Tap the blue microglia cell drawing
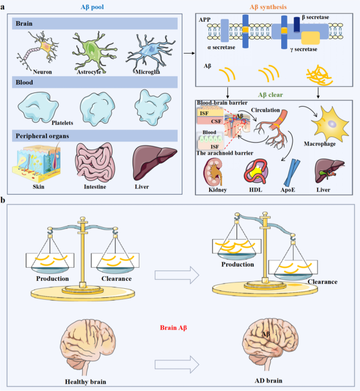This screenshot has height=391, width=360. click(x=150, y=53)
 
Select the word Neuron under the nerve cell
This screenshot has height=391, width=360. click(x=42, y=72)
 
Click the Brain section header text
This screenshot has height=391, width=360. click(x=24, y=23)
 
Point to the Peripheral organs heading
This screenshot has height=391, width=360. click(x=42, y=136)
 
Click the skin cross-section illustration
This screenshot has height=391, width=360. click(x=37, y=163)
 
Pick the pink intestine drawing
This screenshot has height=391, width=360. click(x=95, y=162)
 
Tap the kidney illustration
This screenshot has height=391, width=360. click(x=213, y=172)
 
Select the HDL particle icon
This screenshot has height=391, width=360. click(x=255, y=172)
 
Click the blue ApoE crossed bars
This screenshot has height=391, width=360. click(x=292, y=173)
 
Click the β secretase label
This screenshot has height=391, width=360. click(x=315, y=17)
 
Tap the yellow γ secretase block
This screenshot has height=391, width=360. click(x=310, y=38)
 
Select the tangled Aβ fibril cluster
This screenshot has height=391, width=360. click(x=319, y=75)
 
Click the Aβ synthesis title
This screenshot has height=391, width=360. click(x=268, y=7)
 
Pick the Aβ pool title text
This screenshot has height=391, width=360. click(x=92, y=7)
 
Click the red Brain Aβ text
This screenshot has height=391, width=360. click(x=173, y=328)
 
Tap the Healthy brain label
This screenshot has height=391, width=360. click(x=85, y=381)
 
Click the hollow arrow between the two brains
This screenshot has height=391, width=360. click(x=177, y=365)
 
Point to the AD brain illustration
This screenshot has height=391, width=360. click(x=271, y=344)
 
